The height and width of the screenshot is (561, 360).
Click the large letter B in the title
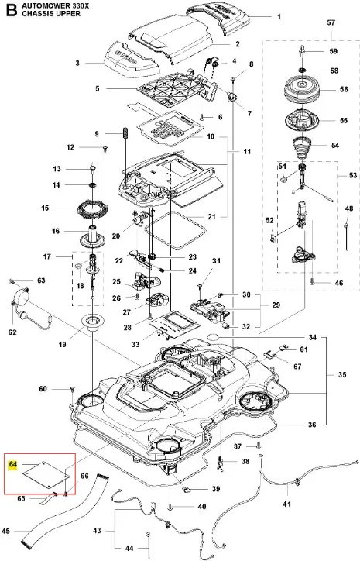[11, 9]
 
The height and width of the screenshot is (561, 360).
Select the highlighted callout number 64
[13, 464]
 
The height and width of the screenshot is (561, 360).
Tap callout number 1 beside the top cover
[279, 16]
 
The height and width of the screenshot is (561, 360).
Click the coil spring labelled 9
[125, 133]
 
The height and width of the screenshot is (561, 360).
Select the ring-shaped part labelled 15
[93, 208]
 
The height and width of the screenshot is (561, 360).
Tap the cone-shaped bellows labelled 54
[303, 146]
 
